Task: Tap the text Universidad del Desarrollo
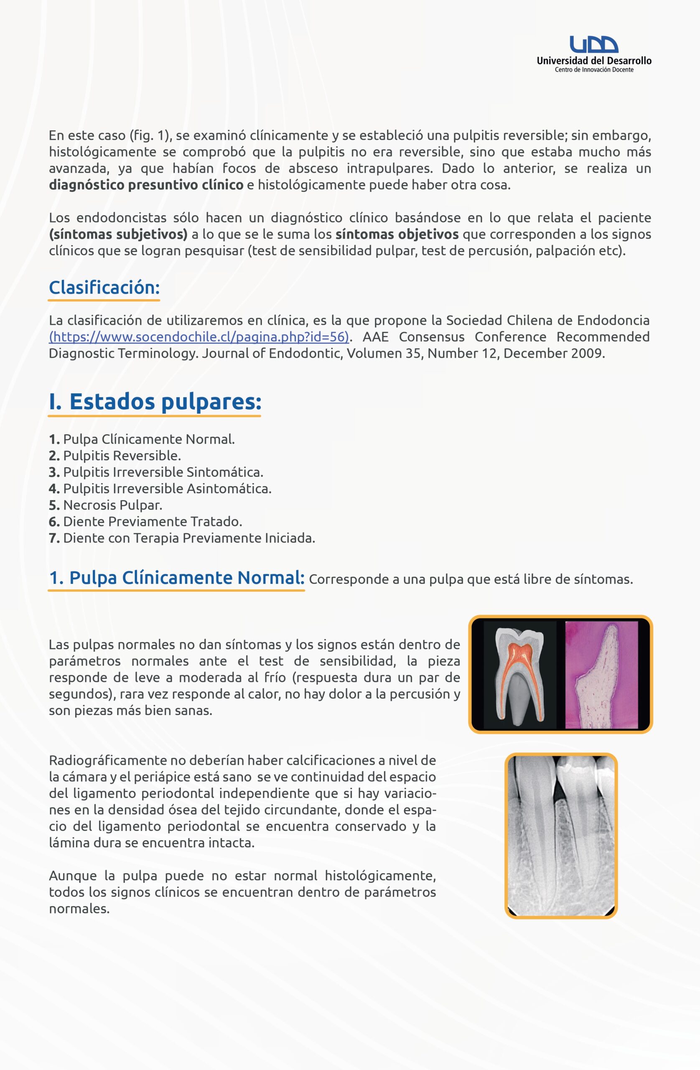pyautogui.click(x=594, y=61)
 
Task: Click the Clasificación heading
pyautogui.click(x=104, y=287)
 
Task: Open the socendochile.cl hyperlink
pyautogui.click(x=199, y=337)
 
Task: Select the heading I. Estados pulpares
pyautogui.click(x=155, y=402)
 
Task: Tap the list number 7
pyautogui.click(x=54, y=538)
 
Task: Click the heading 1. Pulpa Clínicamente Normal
pyautogui.click(x=177, y=578)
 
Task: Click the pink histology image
pyautogui.click(x=601, y=674)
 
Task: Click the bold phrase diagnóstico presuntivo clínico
pyautogui.click(x=146, y=185)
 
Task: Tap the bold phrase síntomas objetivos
pyautogui.click(x=397, y=234)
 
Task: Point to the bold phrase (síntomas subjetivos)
pyautogui.click(x=118, y=234)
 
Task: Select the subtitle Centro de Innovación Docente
pyautogui.click(x=594, y=70)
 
